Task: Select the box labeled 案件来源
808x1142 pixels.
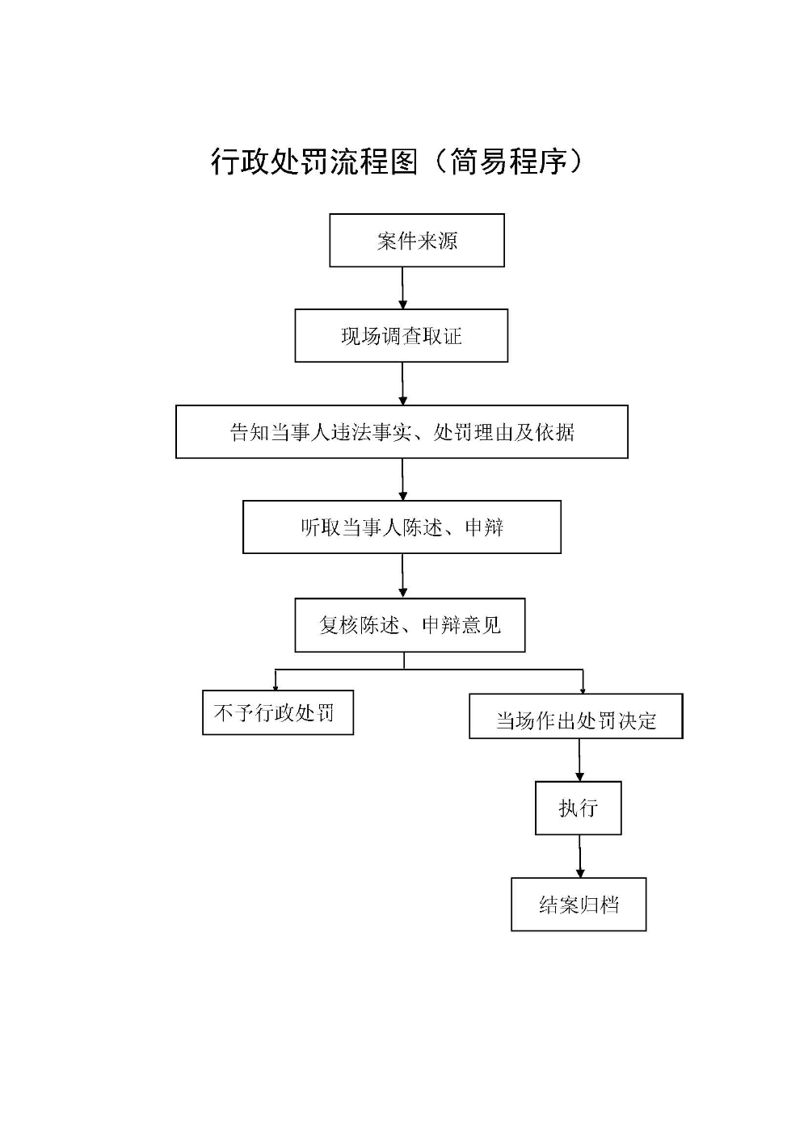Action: (417, 241)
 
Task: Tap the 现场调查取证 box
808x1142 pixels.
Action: (402, 336)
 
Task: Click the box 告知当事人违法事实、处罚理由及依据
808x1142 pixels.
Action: (402, 432)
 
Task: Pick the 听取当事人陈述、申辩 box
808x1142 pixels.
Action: (402, 527)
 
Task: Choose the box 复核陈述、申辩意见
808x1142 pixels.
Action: (410, 625)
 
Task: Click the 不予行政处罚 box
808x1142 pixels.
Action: (277, 713)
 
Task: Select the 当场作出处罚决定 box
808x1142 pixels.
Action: (576, 717)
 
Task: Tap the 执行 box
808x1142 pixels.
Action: (579, 808)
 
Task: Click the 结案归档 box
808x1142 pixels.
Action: (579, 905)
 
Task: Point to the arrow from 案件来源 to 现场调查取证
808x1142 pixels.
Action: (402, 288)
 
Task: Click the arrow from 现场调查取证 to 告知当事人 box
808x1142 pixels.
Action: (402, 384)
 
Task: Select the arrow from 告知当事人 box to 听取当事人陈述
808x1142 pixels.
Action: (402, 479)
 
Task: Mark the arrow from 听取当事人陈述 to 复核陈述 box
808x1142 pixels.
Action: (402, 575)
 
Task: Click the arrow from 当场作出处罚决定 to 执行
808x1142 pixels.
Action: (579, 759)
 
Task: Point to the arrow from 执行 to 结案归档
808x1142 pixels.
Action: (579, 856)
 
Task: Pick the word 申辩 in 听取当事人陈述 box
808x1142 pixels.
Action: (485, 527)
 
